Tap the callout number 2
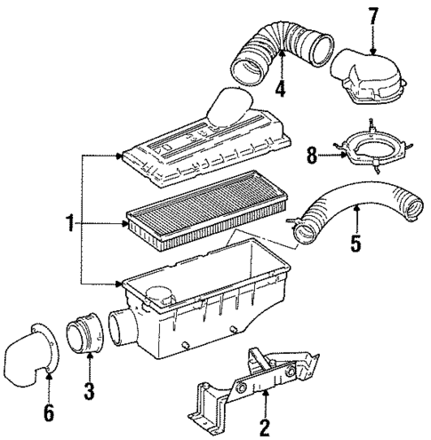(264, 427)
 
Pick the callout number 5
(355, 242)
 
